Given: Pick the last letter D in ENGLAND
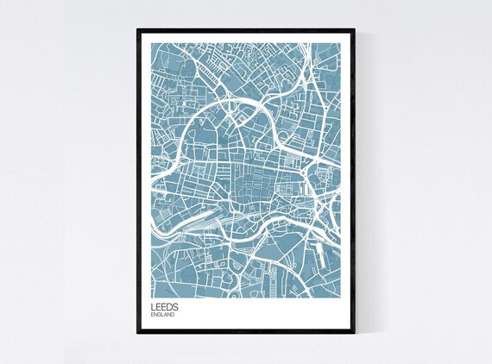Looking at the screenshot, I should coord(173,314).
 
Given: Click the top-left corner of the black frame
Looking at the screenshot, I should coord(137,28).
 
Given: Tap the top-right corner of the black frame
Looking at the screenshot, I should coord(355,28).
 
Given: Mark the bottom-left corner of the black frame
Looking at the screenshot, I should coord(137,336).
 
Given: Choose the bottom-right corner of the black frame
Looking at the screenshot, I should coord(355,336).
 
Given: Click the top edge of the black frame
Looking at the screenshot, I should coord(246,29).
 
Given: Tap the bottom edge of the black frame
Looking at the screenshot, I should coord(246,334).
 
